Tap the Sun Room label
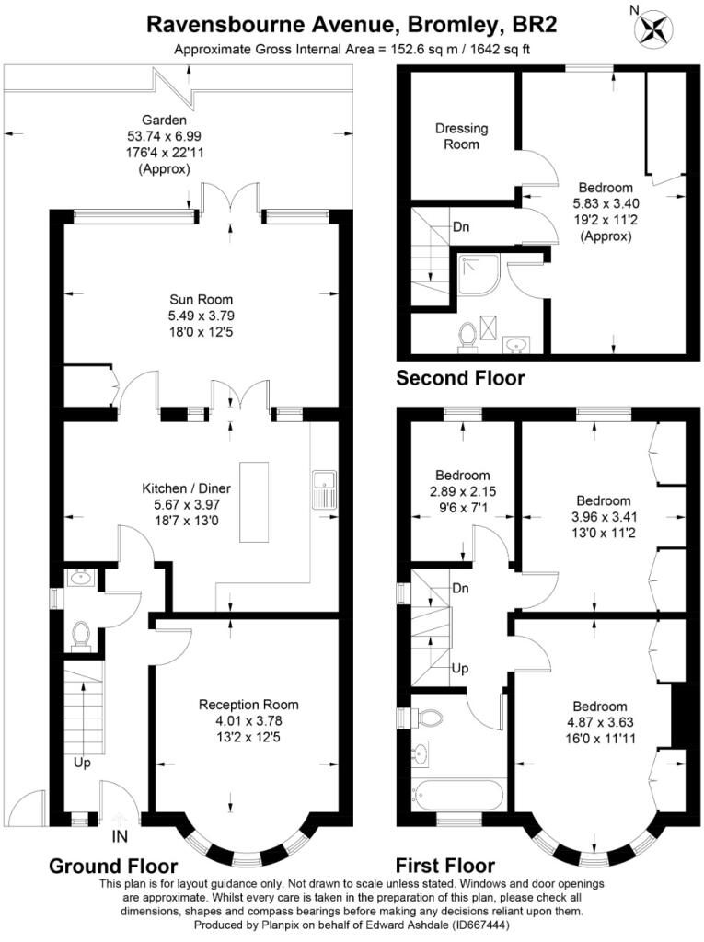tap(201, 299)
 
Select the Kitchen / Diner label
tap(187, 488)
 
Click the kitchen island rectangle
tap(254, 501)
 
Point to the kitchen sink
tap(325, 490)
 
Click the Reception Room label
tap(248, 704)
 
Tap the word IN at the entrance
tap(120, 835)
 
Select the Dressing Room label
tap(462, 136)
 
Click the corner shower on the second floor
tap(478, 274)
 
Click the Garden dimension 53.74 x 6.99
tap(164, 136)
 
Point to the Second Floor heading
tap(460, 378)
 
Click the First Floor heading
tap(444, 865)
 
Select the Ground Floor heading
tap(113, 866)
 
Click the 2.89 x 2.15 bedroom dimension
tap(463, 491)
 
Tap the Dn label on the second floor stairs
tap(461, 227)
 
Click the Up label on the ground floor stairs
tap(83, 763)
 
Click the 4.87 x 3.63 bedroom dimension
tap(599, 722)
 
